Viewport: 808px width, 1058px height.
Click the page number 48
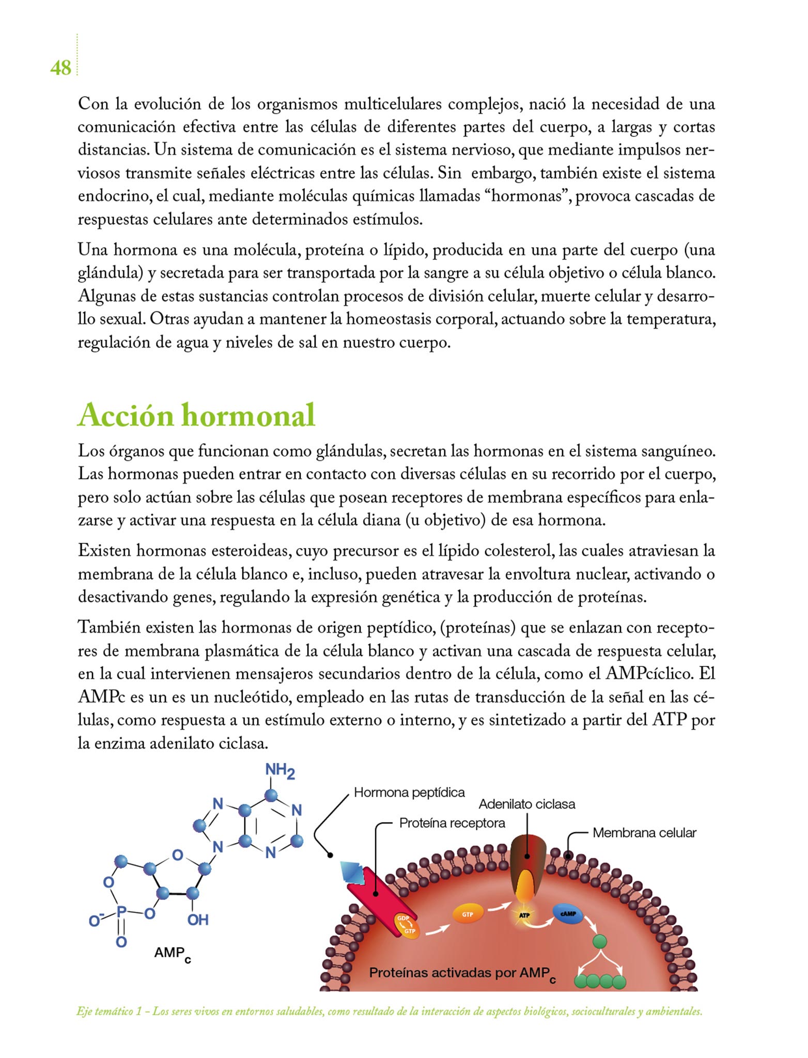pos(60,68)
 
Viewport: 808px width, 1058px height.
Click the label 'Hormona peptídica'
pos(409,792)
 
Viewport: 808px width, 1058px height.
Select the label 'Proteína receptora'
pos(452,823)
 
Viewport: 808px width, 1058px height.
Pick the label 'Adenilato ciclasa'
pos(526,804)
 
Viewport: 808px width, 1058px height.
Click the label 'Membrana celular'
pos(644,832)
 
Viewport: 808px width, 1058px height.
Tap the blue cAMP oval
pos(568,913)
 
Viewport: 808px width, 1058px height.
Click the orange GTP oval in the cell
pos(467,914)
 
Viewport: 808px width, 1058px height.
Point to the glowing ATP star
pos(524,915)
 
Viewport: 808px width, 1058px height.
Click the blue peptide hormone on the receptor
pos(353,872)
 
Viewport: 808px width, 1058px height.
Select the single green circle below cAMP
pos(600,941)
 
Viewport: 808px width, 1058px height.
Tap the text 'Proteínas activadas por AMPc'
pos(462,973)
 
